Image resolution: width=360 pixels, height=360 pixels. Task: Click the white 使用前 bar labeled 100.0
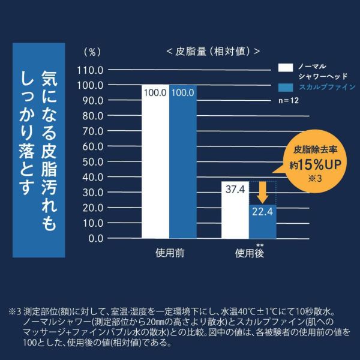155,162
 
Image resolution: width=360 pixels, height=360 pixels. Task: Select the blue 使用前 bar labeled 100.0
182,162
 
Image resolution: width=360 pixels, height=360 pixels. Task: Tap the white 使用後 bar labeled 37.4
235,209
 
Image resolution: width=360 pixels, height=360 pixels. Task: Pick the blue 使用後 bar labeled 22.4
263,221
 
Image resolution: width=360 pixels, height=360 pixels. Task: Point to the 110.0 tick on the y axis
92,70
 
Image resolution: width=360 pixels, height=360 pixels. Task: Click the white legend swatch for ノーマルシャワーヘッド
286,66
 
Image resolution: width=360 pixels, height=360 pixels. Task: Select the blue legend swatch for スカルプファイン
286,86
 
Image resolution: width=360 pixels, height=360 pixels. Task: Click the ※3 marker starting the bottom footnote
15,312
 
